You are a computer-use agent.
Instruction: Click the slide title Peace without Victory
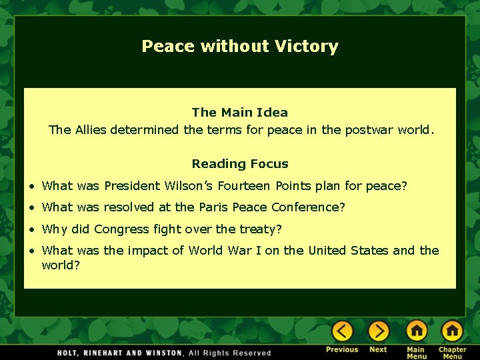(x=240, y=46)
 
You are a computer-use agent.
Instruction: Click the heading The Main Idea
(x=240, y=113)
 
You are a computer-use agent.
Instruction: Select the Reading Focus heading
(x=240, y=164)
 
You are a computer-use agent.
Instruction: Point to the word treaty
(x=262, y=229)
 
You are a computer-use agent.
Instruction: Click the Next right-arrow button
(x=378, y=331)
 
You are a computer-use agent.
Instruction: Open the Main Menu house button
(x=416, y=331)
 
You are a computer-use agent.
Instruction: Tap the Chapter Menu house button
(x=452, y=331)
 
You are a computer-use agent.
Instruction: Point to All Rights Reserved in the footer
(x=230, y=353)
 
